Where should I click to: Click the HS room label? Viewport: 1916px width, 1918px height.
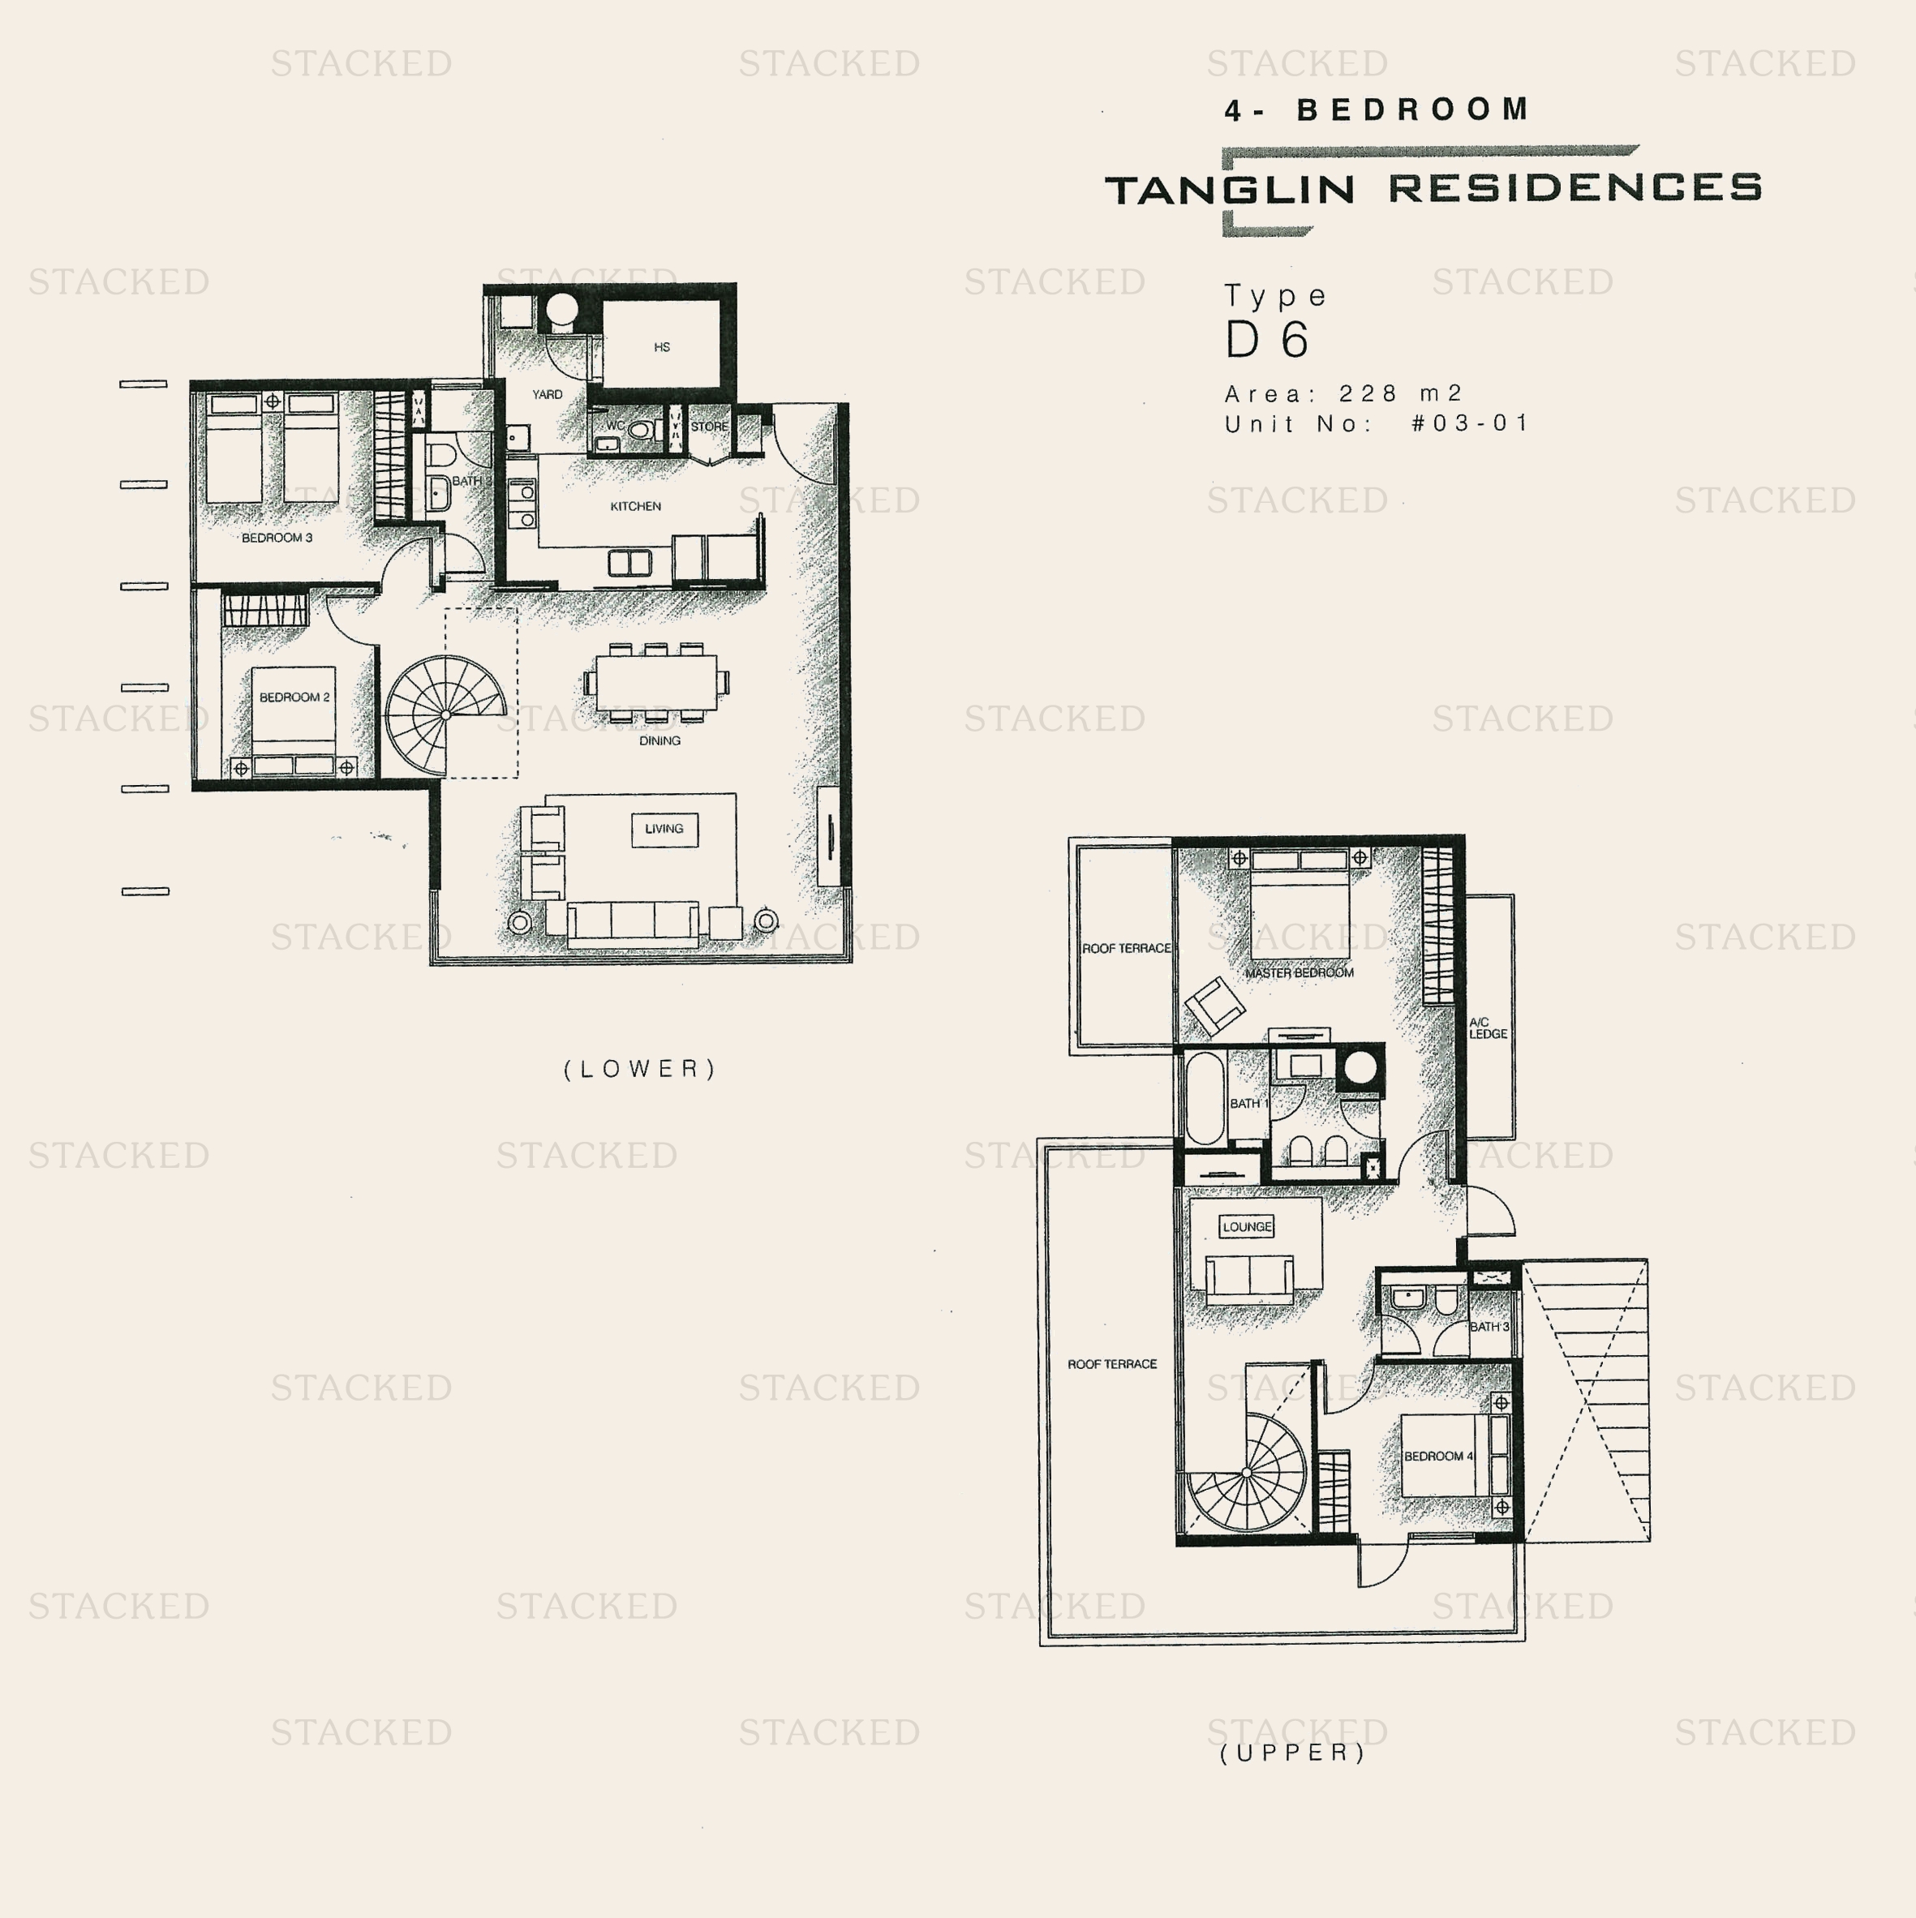(x=662, y=347)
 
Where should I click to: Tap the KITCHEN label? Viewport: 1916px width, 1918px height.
(x=635, y=506)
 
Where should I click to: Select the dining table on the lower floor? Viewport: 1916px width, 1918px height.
(x=656, y=682)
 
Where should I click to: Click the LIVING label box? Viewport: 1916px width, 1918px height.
(x=664, y=829)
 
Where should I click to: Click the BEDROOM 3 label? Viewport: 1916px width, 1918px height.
(x=277, y=538)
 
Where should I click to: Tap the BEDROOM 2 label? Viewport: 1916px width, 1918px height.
(x=294, y=697)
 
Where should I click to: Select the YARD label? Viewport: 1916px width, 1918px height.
(x=547, y=394)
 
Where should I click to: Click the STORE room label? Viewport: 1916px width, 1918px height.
(x=709, y=427)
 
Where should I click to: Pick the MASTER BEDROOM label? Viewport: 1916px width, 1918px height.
(x=1299, y=973)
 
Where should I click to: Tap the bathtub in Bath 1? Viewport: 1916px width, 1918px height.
(x=1205, y=1099)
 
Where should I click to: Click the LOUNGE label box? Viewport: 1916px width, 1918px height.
(x=1247, y=1227)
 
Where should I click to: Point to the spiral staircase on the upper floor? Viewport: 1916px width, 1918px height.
(x=1248, y=1474)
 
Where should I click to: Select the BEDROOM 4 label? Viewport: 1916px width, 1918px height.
(x=1438, y=1457)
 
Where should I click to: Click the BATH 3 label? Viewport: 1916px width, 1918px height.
(x=1489, y=1328)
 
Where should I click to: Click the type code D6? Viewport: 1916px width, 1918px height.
(x=1267, y=341)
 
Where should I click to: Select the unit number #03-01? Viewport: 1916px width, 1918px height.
(x=1469, y=424)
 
